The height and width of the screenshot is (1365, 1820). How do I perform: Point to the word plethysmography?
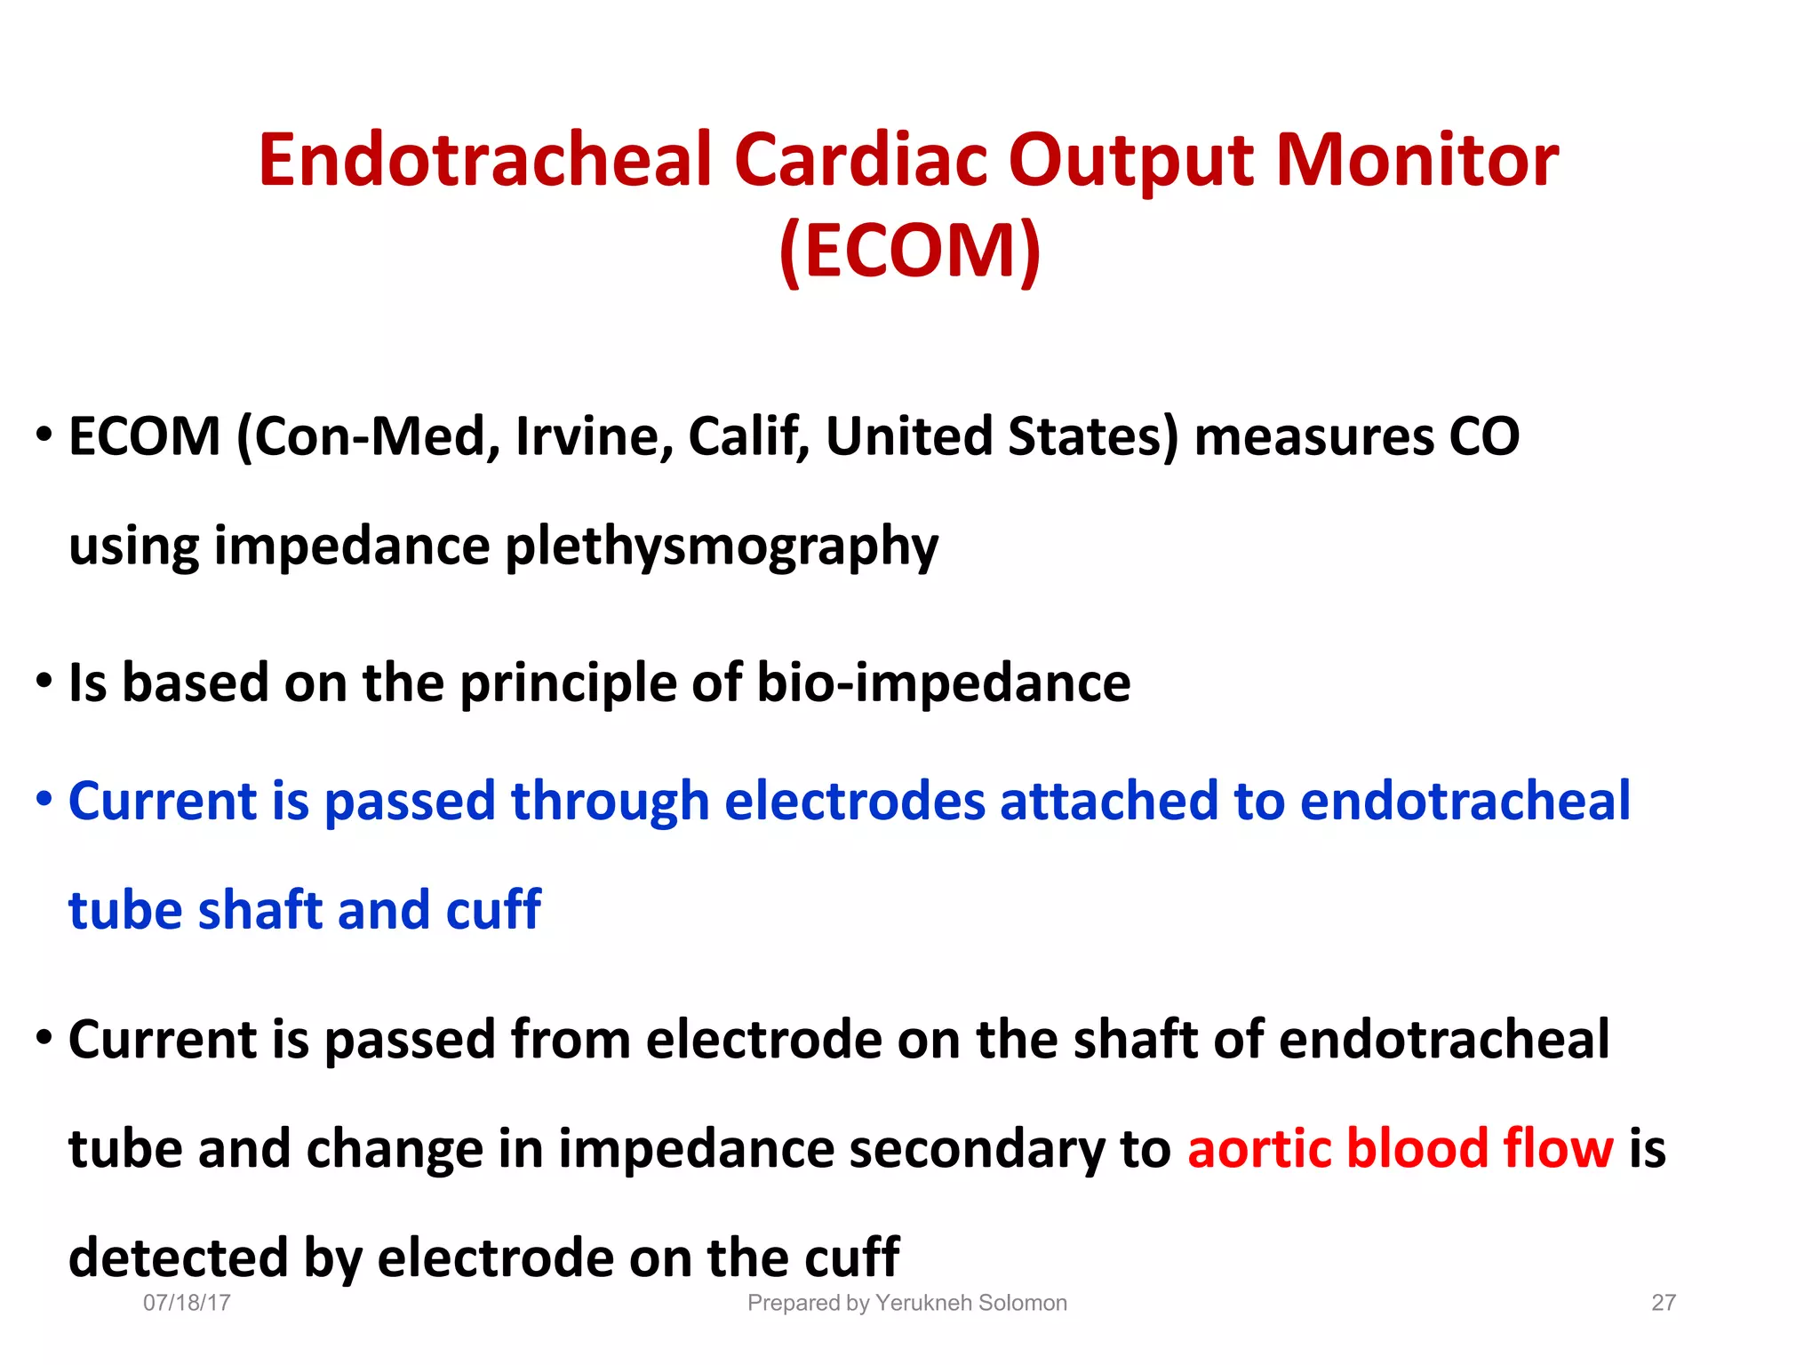722,546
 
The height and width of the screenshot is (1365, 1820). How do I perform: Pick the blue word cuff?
493,910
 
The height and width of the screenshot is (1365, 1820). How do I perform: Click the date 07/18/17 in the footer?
187,1303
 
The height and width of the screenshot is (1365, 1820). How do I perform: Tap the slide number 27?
1664,1303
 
